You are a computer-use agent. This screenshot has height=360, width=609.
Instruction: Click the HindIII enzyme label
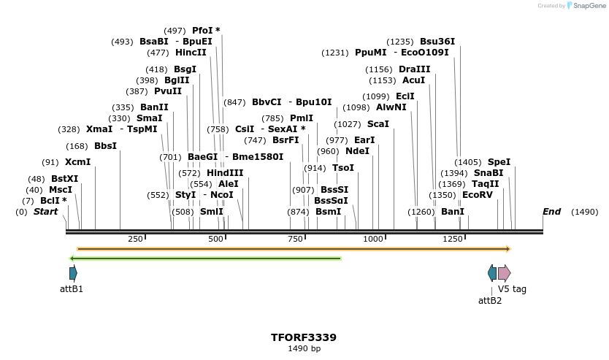click(225, 173)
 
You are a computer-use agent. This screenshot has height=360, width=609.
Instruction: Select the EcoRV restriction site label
click(478, 195)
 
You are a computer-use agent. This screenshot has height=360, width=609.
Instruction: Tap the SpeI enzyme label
click(499, 162)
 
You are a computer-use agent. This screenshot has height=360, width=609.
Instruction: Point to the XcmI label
click(77, 162)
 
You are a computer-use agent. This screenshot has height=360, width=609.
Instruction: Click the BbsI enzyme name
click(105, 146)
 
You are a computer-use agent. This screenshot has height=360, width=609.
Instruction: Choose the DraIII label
click(414, 69)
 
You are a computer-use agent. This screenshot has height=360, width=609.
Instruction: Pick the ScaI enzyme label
click(378, 124)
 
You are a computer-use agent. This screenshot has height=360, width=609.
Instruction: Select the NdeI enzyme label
click(357, 151)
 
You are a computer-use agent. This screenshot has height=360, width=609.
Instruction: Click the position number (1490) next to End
click(584, 212)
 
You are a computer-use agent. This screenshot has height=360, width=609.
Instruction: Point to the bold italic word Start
click(45, 212)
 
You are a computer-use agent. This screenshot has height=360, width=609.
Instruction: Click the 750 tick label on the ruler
click(295, 240)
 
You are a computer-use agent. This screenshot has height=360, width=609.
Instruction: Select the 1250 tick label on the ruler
click(453, 240)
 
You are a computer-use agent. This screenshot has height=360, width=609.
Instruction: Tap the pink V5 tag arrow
click(504, 273)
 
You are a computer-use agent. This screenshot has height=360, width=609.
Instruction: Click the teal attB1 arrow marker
click(73, 273)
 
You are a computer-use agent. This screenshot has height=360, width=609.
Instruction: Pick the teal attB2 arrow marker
click(492, 273)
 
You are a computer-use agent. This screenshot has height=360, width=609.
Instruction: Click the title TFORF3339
click(304, 337)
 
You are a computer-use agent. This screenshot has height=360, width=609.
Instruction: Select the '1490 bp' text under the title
click(304, 349)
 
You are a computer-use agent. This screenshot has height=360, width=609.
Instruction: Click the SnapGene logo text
click(587, 6)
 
